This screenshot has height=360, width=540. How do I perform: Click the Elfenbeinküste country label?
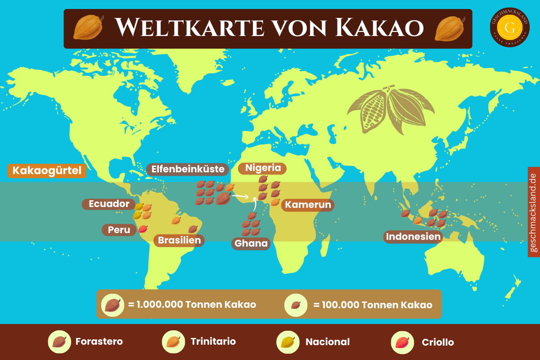tap(188, 170)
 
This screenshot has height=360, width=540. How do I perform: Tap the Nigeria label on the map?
tap(263, 168)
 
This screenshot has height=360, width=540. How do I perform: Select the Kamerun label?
tap(308, 205)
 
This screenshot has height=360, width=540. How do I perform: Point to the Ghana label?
tap(251, 244)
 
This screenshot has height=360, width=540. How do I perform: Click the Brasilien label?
tap(179, 240)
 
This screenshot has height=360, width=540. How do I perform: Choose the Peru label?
tap(119, 230)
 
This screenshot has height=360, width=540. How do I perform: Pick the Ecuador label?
tap(109, 204)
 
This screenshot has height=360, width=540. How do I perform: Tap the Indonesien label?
tap(413, 237)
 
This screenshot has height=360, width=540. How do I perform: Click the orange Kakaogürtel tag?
tap(47, 171)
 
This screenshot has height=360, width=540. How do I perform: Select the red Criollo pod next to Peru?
tap(143, 229)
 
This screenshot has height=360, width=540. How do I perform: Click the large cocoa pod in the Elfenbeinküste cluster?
tap(223, 198)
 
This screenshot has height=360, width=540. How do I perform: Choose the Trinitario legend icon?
tap(173, 342)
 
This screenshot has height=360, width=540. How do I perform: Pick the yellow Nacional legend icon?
tap(288, 342)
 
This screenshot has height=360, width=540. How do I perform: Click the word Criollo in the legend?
tap(437, 342)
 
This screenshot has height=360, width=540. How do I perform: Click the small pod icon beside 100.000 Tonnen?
tap(295, 305)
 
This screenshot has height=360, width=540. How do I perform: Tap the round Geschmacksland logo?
tap(510, 28)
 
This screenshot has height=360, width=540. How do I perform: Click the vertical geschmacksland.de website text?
tap(534, 212)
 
